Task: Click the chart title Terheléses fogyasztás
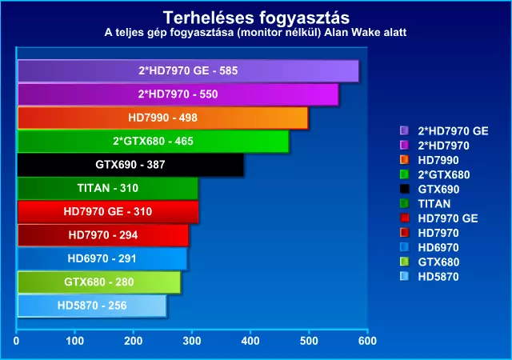point(256,17)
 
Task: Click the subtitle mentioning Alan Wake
point(256,33)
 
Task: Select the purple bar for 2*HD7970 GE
point(187,71)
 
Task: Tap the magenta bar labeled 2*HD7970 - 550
point(178,94)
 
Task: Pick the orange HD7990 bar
point(162,118)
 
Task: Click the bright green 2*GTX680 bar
point(153,142)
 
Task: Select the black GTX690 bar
point(130,165)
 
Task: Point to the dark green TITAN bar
point(107,189)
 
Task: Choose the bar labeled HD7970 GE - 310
point(107,212)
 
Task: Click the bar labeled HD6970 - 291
point(102,259)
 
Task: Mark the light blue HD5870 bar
point(92,306)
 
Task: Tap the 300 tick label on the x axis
point(191,342)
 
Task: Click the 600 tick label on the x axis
point(367,342)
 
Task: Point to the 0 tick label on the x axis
point(16,342)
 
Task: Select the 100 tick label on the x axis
point(74,342)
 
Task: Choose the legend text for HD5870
point(440,277)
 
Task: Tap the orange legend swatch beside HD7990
point(404,160)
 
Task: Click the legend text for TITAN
point(434,204)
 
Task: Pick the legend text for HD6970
point(440,247)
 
